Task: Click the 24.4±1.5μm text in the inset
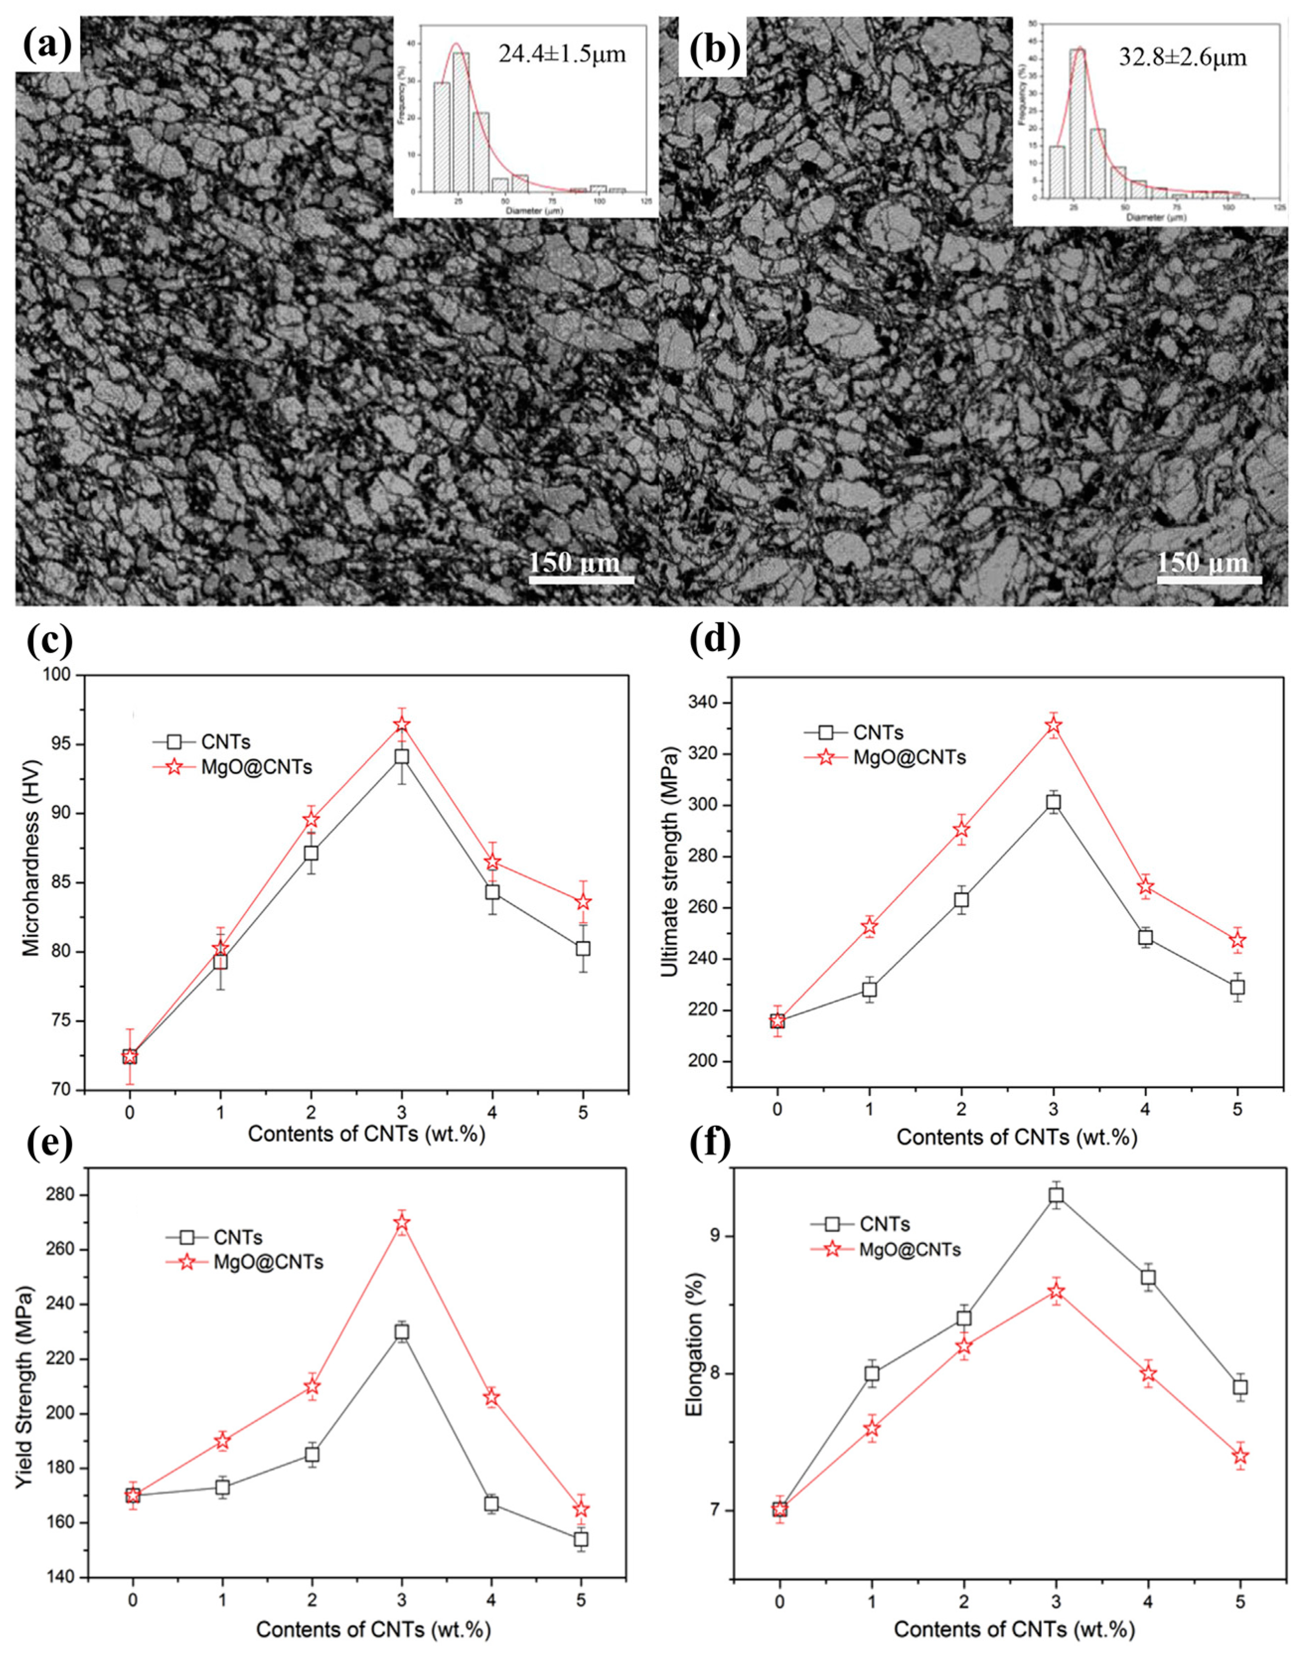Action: pyautogui.click(x=562, y=54)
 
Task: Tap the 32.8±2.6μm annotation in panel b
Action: pyautogui.click(x=1182, y=57)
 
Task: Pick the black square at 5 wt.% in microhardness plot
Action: pyautogui.click(x=583, y=948)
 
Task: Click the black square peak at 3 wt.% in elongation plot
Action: pyautogui.click(x=1056, y=1195)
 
